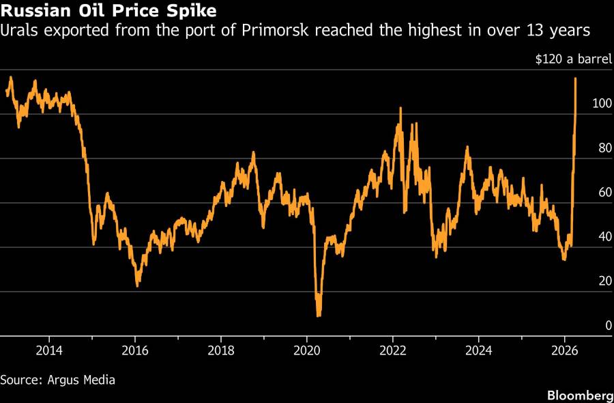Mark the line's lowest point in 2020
coord(319,316)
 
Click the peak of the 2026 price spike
coord(576,79)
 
